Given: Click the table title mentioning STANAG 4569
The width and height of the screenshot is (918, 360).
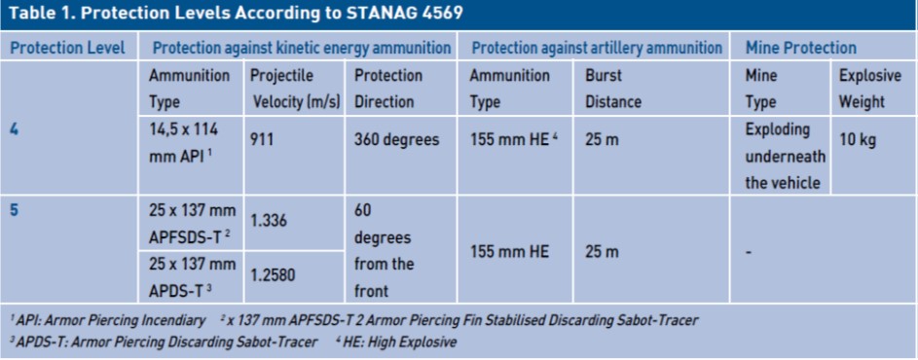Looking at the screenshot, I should [234, 15].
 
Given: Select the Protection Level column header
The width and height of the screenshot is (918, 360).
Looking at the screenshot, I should [68, 48].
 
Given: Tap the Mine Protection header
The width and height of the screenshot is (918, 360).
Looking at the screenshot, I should [800, 48].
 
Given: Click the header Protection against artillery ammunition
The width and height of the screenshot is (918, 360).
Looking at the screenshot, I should [597, 48].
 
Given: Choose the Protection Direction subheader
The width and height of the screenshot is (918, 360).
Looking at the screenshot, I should [388, 89].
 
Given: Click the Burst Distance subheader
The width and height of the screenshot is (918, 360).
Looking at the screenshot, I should [613, 89].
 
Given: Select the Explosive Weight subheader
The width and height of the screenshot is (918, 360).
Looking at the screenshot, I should [869, 89].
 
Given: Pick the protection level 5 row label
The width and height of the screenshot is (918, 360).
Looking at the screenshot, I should [14, 209].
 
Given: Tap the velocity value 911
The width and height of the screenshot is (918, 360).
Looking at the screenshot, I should [262, 140].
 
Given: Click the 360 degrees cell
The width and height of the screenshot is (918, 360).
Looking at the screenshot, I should [396, 140].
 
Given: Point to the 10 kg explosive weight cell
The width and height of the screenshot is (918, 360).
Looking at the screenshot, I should [857, 140].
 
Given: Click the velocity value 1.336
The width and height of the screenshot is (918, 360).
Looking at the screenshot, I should [269, 221].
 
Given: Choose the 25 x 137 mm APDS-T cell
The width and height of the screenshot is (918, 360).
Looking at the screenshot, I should [193, 276].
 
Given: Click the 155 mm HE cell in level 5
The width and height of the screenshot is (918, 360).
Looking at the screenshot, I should [509, 251].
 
